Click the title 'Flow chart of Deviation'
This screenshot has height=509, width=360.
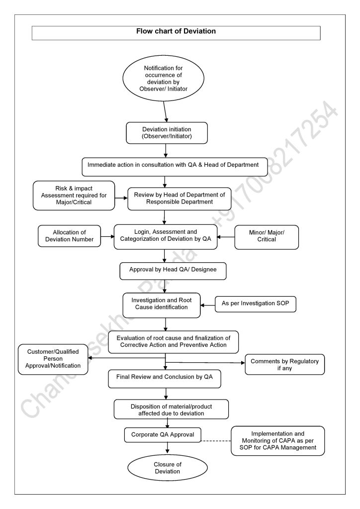coord(176,31)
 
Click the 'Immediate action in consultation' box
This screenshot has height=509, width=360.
coord(175,165)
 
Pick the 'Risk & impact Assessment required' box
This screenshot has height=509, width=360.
coord(74,195)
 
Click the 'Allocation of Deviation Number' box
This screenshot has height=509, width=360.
coord(70,236)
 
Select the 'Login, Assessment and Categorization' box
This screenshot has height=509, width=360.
coord(166,235)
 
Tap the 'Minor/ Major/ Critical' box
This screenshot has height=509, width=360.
coord(267,236)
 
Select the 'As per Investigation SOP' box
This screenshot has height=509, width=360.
coord(255,304)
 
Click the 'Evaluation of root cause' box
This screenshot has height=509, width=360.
coord(174,341)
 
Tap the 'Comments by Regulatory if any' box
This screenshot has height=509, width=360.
coord(284,365)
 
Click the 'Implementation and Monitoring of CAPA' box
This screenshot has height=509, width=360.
coord(278,440)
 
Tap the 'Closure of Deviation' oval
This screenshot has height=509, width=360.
coord(167,468)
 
